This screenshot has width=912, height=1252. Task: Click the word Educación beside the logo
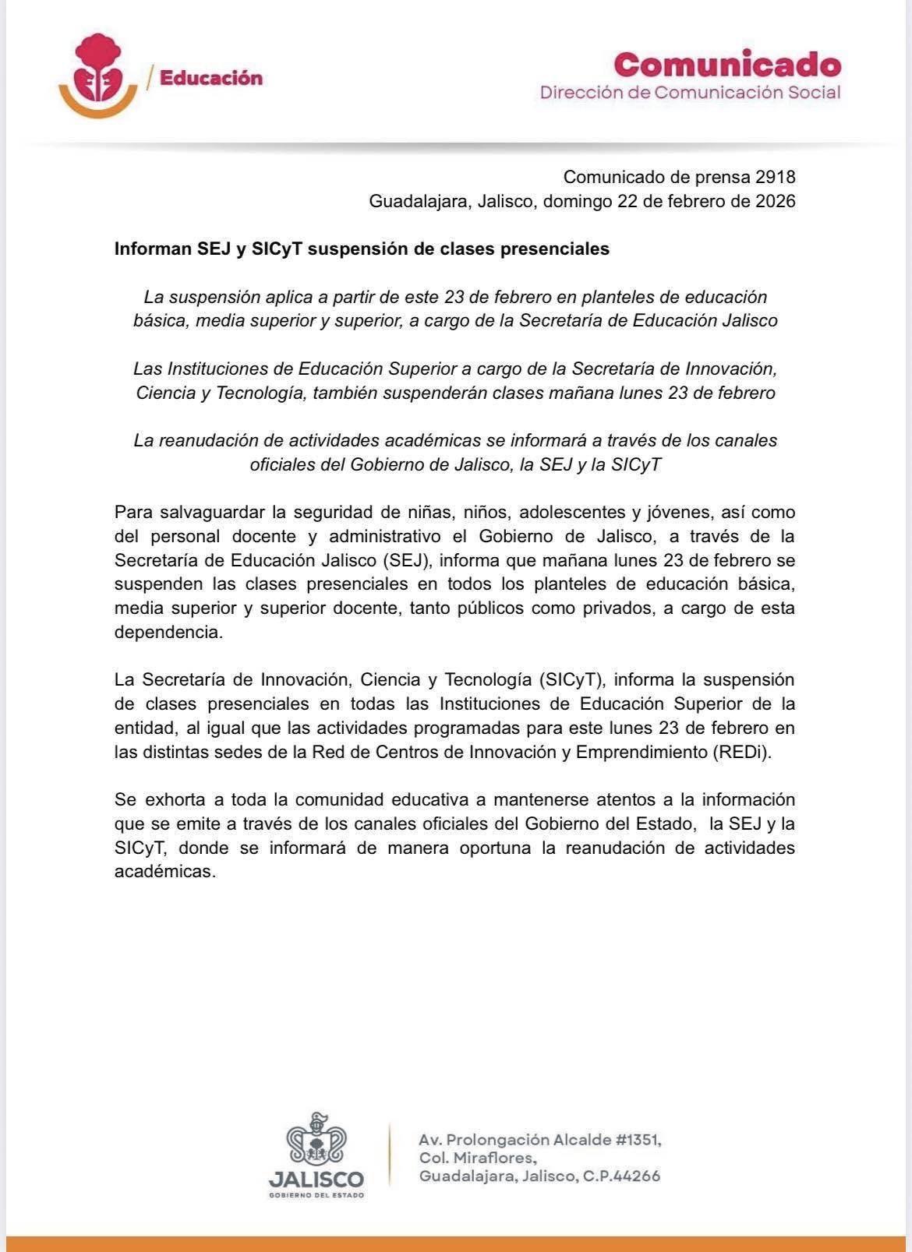click(x=210, y=78)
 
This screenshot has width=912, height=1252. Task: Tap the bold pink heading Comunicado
click(x=727, y=64)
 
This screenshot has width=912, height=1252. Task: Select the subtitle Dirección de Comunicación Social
click(x=690, y=93)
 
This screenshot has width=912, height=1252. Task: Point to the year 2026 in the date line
click(x=775, y=201)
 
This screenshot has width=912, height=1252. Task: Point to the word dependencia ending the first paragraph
click(x=168, y=632)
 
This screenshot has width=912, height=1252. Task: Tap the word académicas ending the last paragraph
click(x=164, y=872)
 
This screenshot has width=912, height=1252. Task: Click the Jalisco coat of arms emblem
click(x=316, y=1140)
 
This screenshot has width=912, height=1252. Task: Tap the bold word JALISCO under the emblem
click(x=316, y=1179)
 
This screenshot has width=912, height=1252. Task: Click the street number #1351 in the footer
click(x=638, y=1140)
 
